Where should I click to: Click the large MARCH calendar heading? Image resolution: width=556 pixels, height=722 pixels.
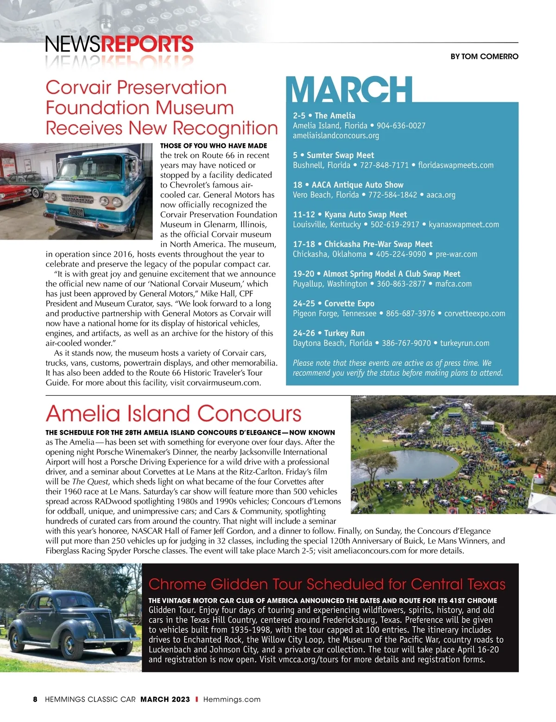(351, 90)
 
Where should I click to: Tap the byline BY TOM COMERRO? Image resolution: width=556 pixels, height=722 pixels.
(484, 57)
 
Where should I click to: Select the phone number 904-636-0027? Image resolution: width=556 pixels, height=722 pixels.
(401, 126)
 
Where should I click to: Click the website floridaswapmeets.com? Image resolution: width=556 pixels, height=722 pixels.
(456, 165)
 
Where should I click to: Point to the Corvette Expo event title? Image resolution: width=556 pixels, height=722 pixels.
(349, 304)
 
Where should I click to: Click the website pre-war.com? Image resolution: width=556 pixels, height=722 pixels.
(456, 254)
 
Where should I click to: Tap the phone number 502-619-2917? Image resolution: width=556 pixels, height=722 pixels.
(395, 224)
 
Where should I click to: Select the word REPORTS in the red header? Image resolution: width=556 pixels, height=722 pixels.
(147, 44)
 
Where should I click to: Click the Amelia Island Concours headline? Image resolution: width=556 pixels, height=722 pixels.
(173, 413)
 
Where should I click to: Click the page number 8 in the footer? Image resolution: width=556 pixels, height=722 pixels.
(35, 699)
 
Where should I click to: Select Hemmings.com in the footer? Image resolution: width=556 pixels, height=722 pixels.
(232, 699)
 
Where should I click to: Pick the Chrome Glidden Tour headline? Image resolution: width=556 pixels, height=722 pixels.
(327, 584)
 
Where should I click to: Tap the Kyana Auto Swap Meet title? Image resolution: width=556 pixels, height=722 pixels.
(366, 215)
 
